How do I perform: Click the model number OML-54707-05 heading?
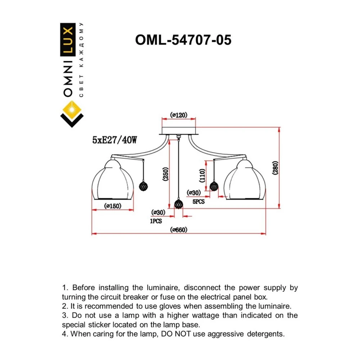(183, 40)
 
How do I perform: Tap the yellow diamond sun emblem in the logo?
(72, 110)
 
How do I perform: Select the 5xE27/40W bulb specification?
(114, 140)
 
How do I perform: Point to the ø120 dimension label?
(179, 115)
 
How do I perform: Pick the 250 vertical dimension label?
(166, 174)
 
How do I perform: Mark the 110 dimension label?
(202, 176)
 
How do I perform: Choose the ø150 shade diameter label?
(112, 206)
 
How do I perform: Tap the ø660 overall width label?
(179, 230)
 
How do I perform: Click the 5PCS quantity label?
(199, 202)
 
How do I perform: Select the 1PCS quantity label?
(156, 221)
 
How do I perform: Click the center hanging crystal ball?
(179, 204)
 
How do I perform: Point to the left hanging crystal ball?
(143, 186)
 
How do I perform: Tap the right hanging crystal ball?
(214, 186)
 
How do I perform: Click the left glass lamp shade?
(112, 180)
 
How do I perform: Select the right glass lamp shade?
(245, 180)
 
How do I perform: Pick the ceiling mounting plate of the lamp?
(179, 131)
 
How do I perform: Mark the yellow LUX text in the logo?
(68, 40)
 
